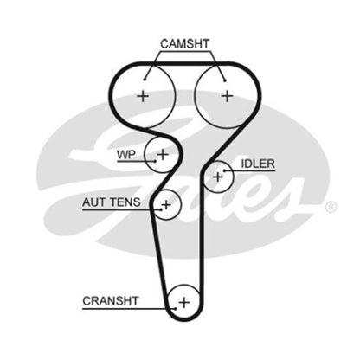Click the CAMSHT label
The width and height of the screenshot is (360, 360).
point(184,44)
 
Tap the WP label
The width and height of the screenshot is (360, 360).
point(126,155)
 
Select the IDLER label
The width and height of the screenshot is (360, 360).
point(258,164)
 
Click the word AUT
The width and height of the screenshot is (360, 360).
point(94,202)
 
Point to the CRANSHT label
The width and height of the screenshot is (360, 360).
point(111,301)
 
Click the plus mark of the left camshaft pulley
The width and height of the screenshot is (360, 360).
point(143,96)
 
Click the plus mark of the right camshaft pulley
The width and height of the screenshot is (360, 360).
point(227,96)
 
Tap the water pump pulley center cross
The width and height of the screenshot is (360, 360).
point(163,155)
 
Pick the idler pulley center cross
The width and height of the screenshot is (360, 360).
point(218,177)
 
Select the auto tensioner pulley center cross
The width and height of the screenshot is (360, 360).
point(166,205)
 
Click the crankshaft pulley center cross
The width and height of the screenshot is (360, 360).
point(184,303)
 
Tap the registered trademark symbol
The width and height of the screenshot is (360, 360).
point(331,207)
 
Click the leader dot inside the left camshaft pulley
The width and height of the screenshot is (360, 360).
point(145,80)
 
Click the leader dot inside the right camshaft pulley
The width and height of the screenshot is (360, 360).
point(225,80)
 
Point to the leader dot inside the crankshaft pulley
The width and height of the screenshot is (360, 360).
point(176,309)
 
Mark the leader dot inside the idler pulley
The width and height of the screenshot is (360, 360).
point(224,170)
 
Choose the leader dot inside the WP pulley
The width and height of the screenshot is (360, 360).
point(156,161)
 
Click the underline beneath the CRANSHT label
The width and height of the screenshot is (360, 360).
point(129,309)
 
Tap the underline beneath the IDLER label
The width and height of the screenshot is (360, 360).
point(249,170)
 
